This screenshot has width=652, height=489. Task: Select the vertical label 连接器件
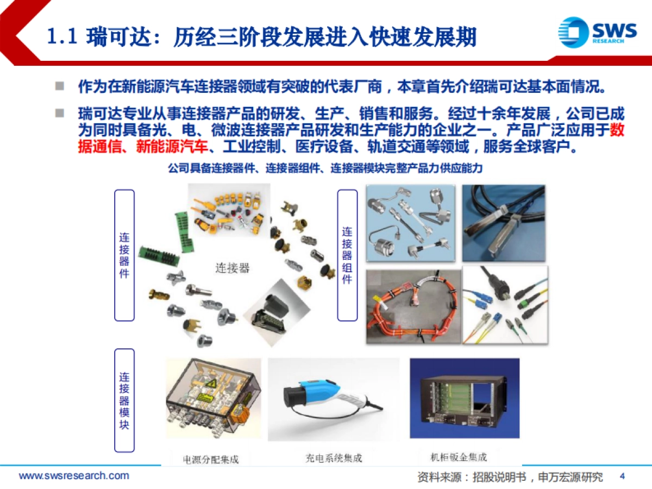(x=124, y=255)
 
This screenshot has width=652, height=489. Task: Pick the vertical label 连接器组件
(x=347, y=255)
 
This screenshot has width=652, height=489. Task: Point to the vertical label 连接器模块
(x=124, y=400)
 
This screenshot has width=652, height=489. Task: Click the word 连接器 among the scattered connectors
(x=232, y=268)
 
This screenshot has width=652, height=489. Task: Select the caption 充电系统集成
(x=334, y=458)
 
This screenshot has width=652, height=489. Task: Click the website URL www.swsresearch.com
(x=74, y=476)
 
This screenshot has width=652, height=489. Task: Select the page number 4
(x=623, y=477)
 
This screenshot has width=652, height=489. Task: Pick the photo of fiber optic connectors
(x=505, y=305)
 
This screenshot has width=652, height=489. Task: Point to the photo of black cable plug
(x=504, y=223)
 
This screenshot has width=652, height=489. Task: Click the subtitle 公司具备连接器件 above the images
(x=325, y=169)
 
